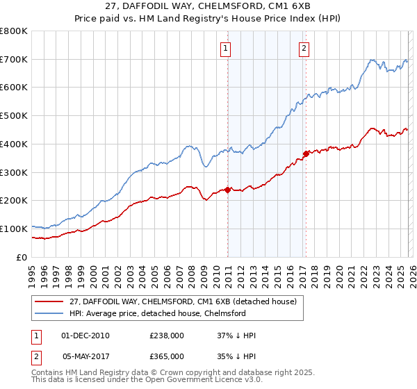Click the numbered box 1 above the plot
pos(227,48)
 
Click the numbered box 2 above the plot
pos(304,48)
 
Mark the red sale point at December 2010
pos(227,189)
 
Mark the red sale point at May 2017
pos(306,154)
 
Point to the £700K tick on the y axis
pos(14,60)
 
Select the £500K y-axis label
pos(14,116)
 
